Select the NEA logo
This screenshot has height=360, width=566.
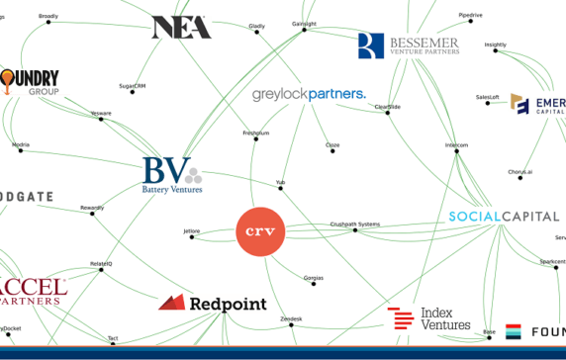[x=181, y=28]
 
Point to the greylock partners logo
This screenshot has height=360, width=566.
[x=308, y=95]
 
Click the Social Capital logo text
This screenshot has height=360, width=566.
[x=504, y=217]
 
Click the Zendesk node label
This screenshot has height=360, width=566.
[x=291, y=318]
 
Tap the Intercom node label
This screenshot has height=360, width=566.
[x=456, y=145]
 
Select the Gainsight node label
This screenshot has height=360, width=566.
[x=304, y=23]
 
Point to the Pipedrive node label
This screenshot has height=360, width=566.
[x=471, y=15]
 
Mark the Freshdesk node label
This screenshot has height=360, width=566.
[x=255, y=132]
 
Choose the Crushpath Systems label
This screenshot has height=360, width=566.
[x=353, y=224]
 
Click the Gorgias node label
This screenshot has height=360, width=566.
[x=313, y=277]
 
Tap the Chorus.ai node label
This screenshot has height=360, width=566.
[x=520, y=172]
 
